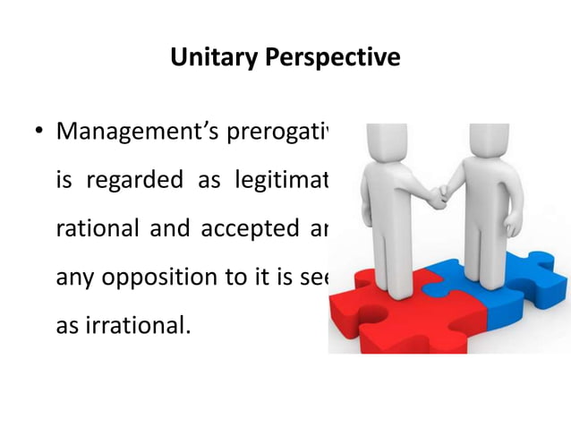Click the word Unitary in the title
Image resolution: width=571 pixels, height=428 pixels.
click(211, 59)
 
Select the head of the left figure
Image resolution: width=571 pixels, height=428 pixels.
click(380, 140)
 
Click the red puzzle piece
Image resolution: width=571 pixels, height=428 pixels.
click(394, 313)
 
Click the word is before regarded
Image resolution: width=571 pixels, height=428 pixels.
click(64, 183)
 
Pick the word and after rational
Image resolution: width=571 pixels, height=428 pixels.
click(164, 230)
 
